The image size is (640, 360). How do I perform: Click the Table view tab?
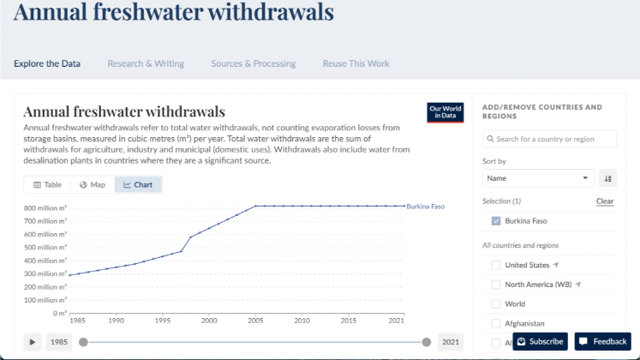47,184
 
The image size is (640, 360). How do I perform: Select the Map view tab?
92,184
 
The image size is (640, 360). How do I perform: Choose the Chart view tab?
138,184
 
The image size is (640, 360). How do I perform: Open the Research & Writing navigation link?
145,63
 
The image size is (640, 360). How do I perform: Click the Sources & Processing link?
253,63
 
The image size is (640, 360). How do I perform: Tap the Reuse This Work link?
356,63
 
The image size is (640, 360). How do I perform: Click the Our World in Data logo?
445,112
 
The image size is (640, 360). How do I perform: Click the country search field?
549,139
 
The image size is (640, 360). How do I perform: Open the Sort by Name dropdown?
538,178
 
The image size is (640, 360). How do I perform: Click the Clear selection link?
605,201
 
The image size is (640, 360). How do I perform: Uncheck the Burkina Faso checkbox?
496,221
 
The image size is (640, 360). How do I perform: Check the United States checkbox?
496,265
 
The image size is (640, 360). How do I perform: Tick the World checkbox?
496,303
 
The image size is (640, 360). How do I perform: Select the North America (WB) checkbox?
496,285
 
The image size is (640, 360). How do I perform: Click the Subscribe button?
540,341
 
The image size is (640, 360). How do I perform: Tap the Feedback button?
602,341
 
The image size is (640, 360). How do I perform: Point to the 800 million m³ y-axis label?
45,208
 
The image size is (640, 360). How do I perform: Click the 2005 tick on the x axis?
255,321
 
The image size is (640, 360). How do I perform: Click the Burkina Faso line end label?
426,207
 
